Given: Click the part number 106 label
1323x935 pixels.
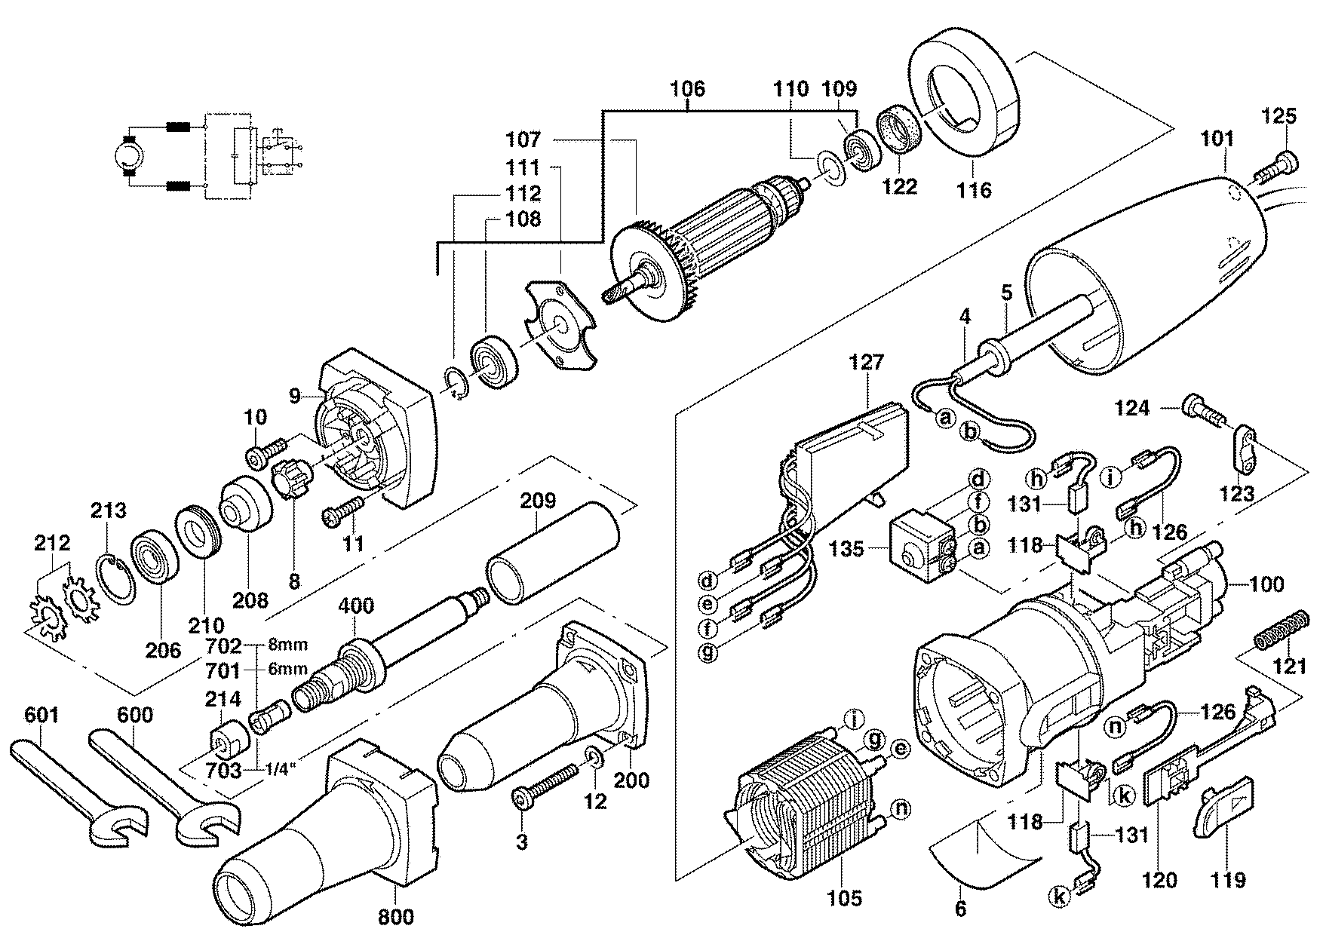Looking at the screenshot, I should tap(687, 90).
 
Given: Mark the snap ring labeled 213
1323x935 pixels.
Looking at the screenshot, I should tap(116, 578).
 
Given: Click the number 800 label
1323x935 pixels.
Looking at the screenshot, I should tap(395, 916).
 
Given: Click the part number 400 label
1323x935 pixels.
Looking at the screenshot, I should tap(355, 606).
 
